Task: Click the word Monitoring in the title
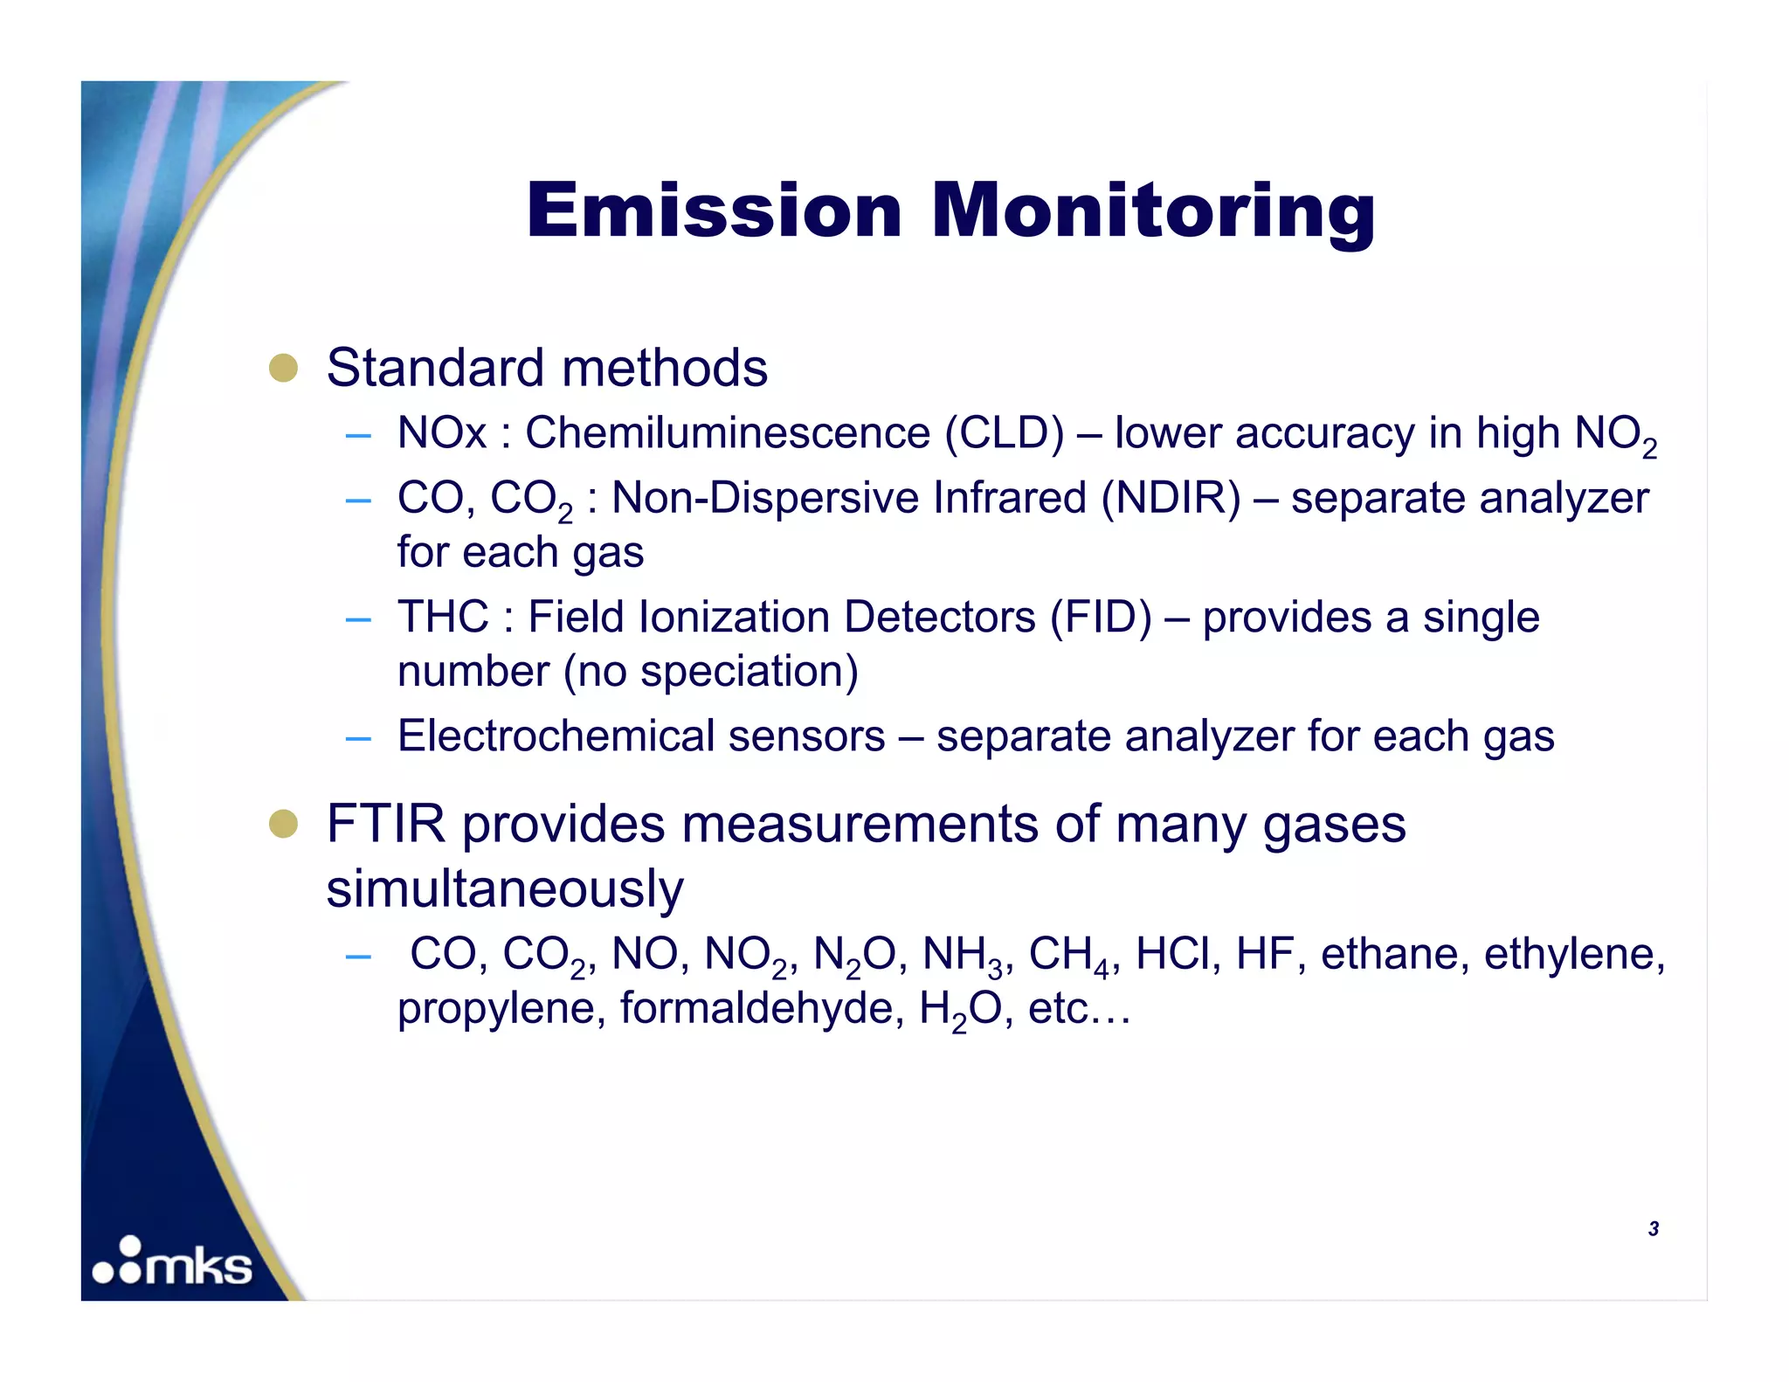tap(1153, 212)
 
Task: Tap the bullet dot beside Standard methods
tap(283, 368)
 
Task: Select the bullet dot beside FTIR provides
tap(283, 824)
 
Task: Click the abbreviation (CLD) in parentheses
tap(1005, 432)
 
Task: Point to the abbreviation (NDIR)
tap(1171, 498)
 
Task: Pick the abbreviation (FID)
tap(1101, 617)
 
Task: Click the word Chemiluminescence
tap(728, 432)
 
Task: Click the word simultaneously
tap(505, 889)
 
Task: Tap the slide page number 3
tap(1653, 1228)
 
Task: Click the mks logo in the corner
tap(173, 1263)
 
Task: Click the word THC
tap(443, 617)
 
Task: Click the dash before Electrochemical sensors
tap(358, 738)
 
